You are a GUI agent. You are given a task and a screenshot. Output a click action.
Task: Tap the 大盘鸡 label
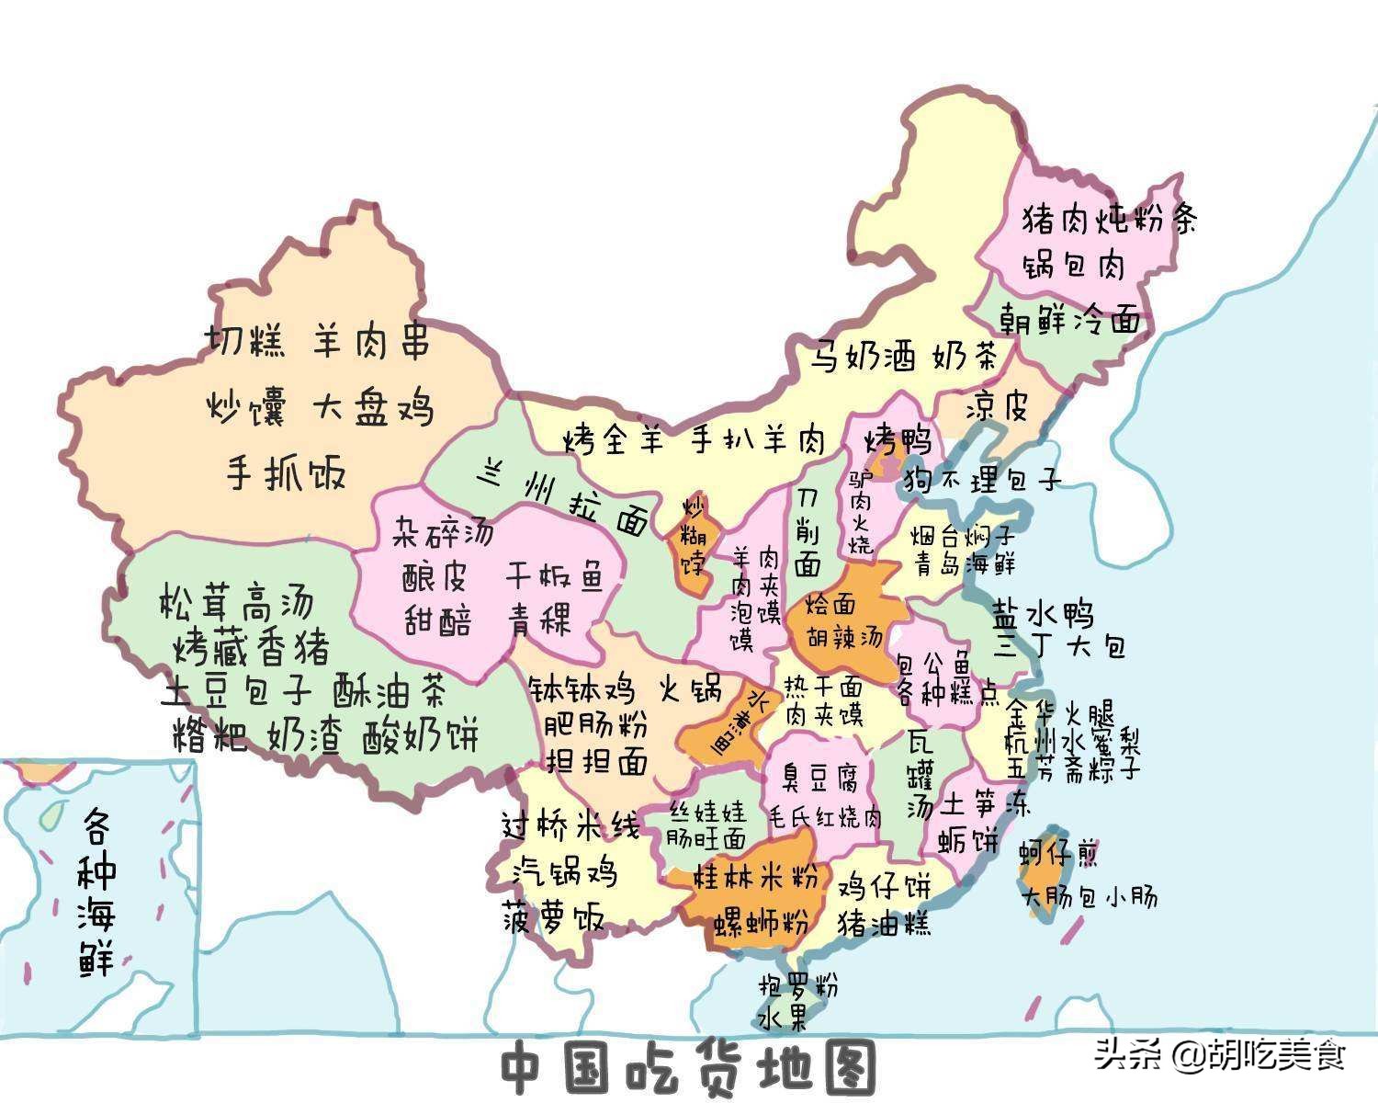click(372, 408)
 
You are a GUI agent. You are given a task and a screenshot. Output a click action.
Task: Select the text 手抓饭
click(286, 474)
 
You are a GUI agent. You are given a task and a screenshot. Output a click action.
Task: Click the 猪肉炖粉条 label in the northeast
click(1110, 219)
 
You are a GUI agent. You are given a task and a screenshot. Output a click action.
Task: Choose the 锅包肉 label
click(1074, 266)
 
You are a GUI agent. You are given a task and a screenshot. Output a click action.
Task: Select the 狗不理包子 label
click(982, 479)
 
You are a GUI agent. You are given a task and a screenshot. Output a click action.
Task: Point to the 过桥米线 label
click(570, 824)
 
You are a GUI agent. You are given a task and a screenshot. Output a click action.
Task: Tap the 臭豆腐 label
click(819, 778)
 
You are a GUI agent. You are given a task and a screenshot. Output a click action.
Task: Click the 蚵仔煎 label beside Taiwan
click(1057, 853)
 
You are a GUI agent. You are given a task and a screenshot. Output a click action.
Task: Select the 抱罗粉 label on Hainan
click(797, 986)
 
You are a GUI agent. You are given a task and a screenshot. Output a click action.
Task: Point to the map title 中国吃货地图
click(688, 1067)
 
